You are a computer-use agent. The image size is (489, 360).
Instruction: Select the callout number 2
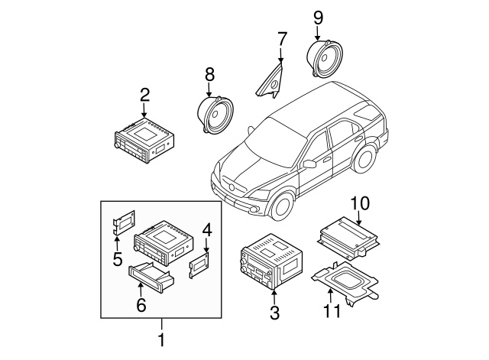pyautogui.click(x=144, y=96)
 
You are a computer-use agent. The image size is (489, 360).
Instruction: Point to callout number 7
pyautogui.click(x=282, y=37)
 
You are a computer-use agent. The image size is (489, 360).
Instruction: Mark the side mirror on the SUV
pyautogui.click(x=309, y=164)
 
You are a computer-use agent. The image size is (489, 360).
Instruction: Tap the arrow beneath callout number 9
pyautogui.click(x=318, y=32)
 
